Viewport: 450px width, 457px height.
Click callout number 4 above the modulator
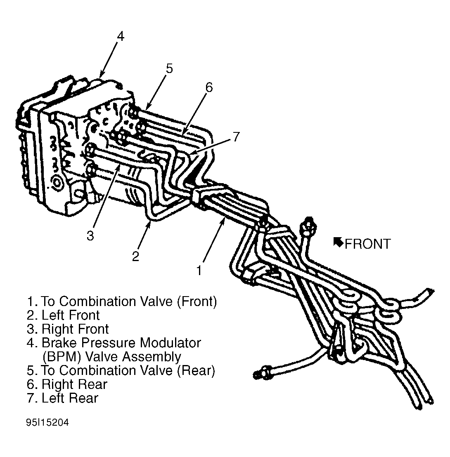pyautogui.click(x=121, y=37)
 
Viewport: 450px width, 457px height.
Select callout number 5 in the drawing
pyautogui.click(x=169, y=68)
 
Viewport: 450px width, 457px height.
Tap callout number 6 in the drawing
pyautogui.click(x=209, y=87)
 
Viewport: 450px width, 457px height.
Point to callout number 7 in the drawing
pyautogui.click(x=236, y=137)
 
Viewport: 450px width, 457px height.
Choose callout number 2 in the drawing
pyautogui.click(x=135, y=257)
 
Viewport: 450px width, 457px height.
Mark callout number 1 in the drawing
pyautogui.click(x=199, y=271)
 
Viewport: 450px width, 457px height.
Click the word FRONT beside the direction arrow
pyautogui.click(x=367, y=244)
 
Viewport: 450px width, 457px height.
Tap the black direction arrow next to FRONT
pyautogui.click(x=338, y=242)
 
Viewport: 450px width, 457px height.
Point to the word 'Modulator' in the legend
pyautogui.click(x=171, y=343)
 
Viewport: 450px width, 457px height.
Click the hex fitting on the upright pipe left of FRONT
pyautogui.click(x=309, y=224)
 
